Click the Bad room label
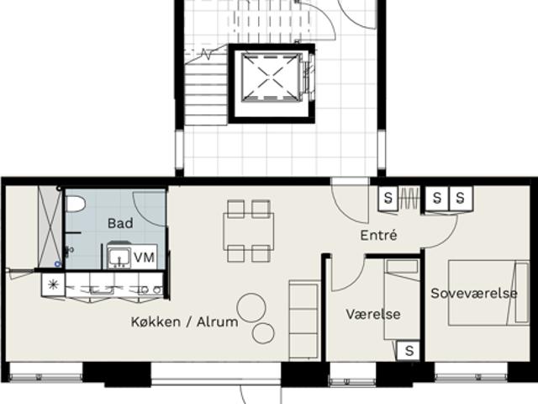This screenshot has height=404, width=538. point(120,223)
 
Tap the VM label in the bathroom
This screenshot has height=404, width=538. point(144,258)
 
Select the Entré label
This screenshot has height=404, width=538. point(379,236)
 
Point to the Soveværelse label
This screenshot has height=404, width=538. point(474,294)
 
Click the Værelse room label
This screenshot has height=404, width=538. point(373,314)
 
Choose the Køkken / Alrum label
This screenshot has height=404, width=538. point(185,322)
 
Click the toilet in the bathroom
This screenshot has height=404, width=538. point(75,204)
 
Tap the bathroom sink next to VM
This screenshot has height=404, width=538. point(119,257)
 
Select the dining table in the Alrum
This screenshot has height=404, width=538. point(249,231)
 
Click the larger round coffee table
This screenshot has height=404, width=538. point(251,307)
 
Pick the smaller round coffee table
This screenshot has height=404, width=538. point(263,333)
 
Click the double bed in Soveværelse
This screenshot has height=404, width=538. point(488,293)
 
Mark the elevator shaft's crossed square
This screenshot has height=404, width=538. point(270,77)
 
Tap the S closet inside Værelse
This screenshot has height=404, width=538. point(409,351)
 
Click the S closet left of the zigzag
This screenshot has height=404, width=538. point(388,199)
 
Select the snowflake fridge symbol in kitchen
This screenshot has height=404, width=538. point(53,284)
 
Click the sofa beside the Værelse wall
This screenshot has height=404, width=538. point(304,320)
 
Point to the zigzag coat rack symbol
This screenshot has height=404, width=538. point(409,199)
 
